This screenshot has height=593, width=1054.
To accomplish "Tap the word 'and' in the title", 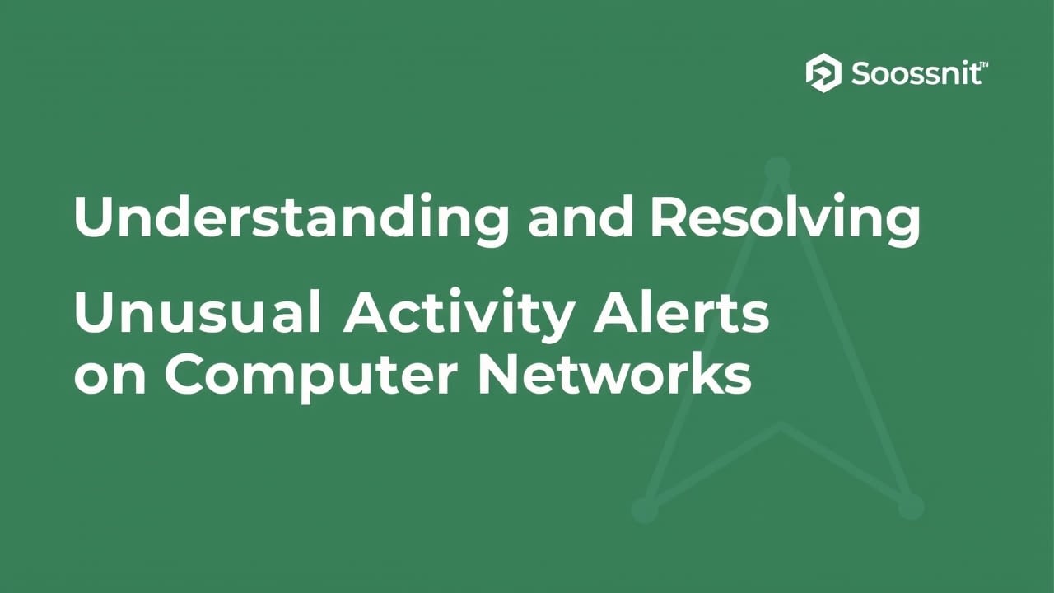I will point(581,217).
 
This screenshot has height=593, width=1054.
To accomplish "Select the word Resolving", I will point(784,217).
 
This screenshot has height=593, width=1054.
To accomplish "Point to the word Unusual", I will point(197,313).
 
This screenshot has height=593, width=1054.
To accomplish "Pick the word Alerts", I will point(681,313).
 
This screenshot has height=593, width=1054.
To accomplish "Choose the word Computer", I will point(310,376).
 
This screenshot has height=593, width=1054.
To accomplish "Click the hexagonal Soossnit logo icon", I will point(823,73).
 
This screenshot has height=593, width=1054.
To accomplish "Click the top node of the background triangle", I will point(777,170).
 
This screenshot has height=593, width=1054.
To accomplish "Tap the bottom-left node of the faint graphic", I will point(645,509).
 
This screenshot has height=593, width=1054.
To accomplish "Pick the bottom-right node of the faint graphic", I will point(911,506).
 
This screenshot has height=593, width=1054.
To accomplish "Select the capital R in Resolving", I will point(668,217).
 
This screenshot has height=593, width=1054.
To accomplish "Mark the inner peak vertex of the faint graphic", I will point(781,426).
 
